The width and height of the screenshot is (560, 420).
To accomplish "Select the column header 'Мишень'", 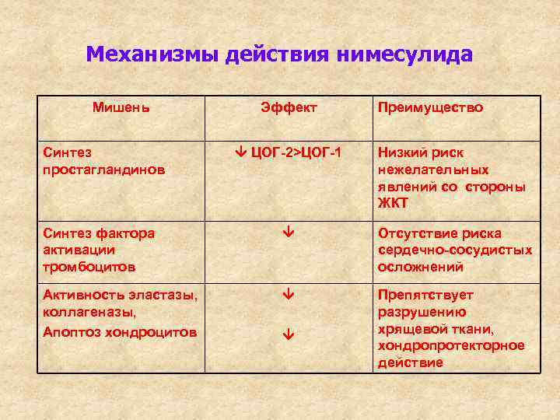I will (121, 107).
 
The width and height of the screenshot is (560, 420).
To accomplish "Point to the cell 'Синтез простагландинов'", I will (104, 161).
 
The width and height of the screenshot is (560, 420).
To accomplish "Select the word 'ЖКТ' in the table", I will (393, 204).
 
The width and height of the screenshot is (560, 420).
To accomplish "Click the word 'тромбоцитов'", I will (89, 267).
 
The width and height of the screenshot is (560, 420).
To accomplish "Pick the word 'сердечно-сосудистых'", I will (455, 250).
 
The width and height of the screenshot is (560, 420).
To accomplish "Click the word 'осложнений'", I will (421, 267).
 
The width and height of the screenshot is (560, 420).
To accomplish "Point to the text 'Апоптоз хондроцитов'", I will (120, 331).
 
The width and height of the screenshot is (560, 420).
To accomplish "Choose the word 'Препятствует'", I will (425, 296).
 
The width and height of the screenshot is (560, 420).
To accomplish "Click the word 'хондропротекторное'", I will (451, 346).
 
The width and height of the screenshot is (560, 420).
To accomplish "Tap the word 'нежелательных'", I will (433, 170).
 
